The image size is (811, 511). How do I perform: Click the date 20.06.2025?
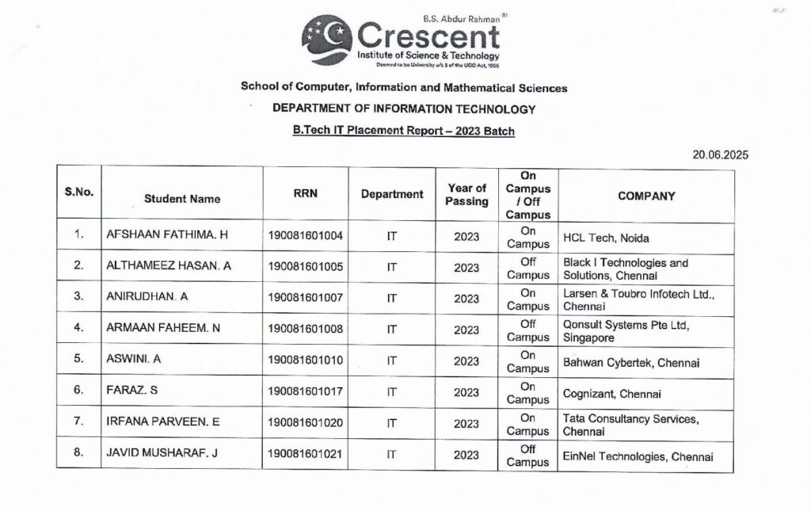point(720,154)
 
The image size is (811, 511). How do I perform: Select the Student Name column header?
point(182,199)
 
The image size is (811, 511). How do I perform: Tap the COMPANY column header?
point(646,196)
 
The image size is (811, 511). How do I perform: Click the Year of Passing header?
point(466,194)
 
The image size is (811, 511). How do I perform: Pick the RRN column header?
point(306,193)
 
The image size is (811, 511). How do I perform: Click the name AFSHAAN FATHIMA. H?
point(167,235)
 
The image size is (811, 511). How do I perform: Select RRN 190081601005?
point(306,267)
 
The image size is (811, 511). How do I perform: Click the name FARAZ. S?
point(131,391)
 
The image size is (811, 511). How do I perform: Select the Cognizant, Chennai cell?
point(611,393)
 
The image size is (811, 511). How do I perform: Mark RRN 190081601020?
point(306,423)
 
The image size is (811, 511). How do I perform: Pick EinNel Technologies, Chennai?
point(638,456)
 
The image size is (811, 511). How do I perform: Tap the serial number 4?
point(78,328)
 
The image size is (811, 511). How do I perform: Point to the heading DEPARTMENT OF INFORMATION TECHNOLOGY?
point(404,109)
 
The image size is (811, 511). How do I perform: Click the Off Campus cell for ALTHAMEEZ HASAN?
point(528,268)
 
